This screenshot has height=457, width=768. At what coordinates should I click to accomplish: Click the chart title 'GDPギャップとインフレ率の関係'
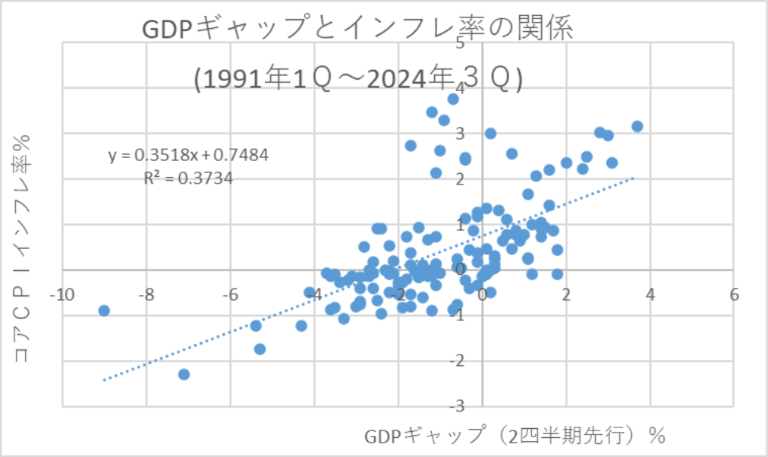click(357, 30)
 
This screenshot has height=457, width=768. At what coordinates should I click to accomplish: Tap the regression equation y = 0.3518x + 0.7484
click(188, 155)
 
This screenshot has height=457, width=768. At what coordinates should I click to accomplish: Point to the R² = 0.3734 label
click(188, 178)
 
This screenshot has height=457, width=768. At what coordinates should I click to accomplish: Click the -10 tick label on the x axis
click(61, 295)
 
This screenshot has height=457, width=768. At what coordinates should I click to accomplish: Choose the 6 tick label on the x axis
click(734, 295)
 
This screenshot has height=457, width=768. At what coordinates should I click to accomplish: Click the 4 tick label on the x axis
click(650, 295)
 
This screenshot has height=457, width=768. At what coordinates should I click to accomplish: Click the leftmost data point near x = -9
click(104, 310)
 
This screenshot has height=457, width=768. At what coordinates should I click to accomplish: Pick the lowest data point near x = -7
click(184, 374)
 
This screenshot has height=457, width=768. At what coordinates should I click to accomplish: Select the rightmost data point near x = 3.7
click(637, 126)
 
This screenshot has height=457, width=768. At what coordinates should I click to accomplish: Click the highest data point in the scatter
click(453, 99)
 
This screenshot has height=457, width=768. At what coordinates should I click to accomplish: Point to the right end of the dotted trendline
click(633, 179)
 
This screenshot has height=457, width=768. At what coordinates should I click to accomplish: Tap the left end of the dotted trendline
click(103, 380)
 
